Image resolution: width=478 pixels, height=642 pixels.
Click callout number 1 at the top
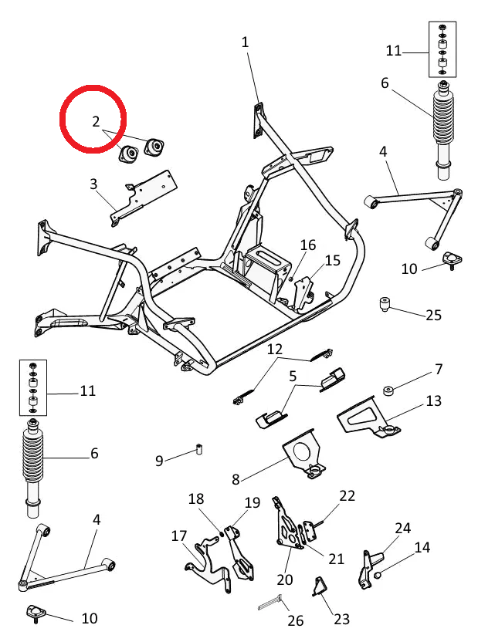pyautogui.click(x=246, y=42)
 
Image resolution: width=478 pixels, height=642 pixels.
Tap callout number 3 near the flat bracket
pyautogui.click(x=93, y=184)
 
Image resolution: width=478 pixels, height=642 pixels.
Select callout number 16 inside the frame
pyautogui.click(x=308, y=245)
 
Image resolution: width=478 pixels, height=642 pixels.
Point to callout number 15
pyautogui.click(x=332, y=261)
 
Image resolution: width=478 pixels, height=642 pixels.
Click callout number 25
pyautogui.click(x=433, y=315)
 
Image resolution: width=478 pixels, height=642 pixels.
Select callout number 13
pyautogui.click(x=433, y=401)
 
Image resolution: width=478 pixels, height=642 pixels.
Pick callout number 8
pyautogui.click(x=236, y=479)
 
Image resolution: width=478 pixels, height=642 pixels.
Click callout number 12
pyautogui.click(x=276, y=350)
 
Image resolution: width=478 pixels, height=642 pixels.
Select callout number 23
pyautogui.click(x=341, y=620)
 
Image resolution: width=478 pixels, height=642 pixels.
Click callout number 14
pyautogui.click(x=422, y=548)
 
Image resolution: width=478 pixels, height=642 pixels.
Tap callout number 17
pyautogui.click(x=179, y=536)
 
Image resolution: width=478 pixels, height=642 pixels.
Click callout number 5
pyautogui.click(x=293, y=377)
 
